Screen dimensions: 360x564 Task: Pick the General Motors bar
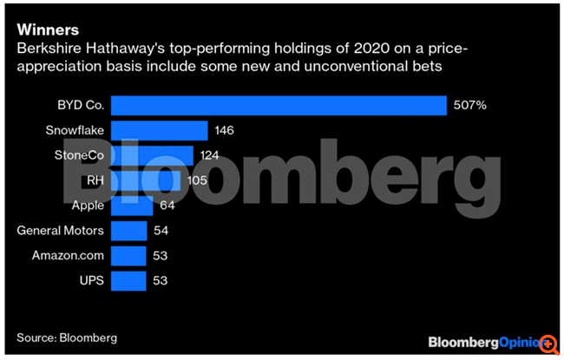129,231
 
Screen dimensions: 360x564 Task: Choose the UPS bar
129,281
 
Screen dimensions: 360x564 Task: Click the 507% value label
469,105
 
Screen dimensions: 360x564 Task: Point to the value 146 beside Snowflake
225,130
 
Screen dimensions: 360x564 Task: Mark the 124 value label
210,155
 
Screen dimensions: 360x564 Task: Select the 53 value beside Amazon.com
158,256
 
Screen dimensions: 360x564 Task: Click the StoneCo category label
75,155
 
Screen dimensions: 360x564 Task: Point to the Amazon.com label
68,256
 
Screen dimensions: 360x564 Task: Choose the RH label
95,180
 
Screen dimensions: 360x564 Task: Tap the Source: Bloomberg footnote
67,337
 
